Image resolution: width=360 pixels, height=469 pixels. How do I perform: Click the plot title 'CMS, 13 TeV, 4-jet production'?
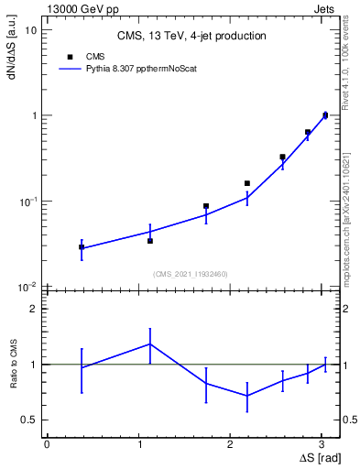pos(191,37)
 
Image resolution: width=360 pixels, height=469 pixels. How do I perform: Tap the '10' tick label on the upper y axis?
pos(30,30)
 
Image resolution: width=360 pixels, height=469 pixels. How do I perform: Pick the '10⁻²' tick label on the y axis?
pos(28,287)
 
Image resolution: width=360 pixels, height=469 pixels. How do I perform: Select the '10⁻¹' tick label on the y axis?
pos(28,202)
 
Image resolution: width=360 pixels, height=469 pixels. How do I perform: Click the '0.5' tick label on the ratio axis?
pos(28,420)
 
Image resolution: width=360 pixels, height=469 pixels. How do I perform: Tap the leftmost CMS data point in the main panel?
pos(82,247)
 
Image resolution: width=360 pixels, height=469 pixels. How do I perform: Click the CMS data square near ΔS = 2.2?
pos(247,183)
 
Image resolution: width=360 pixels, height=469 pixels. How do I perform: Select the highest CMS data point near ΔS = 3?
pos(325,115)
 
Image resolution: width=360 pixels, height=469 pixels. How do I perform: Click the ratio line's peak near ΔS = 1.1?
pos(150,344)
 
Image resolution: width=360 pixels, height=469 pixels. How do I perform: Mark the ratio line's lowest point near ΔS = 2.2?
pos(247,396)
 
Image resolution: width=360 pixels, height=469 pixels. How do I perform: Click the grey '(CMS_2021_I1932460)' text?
pos(190,273)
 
